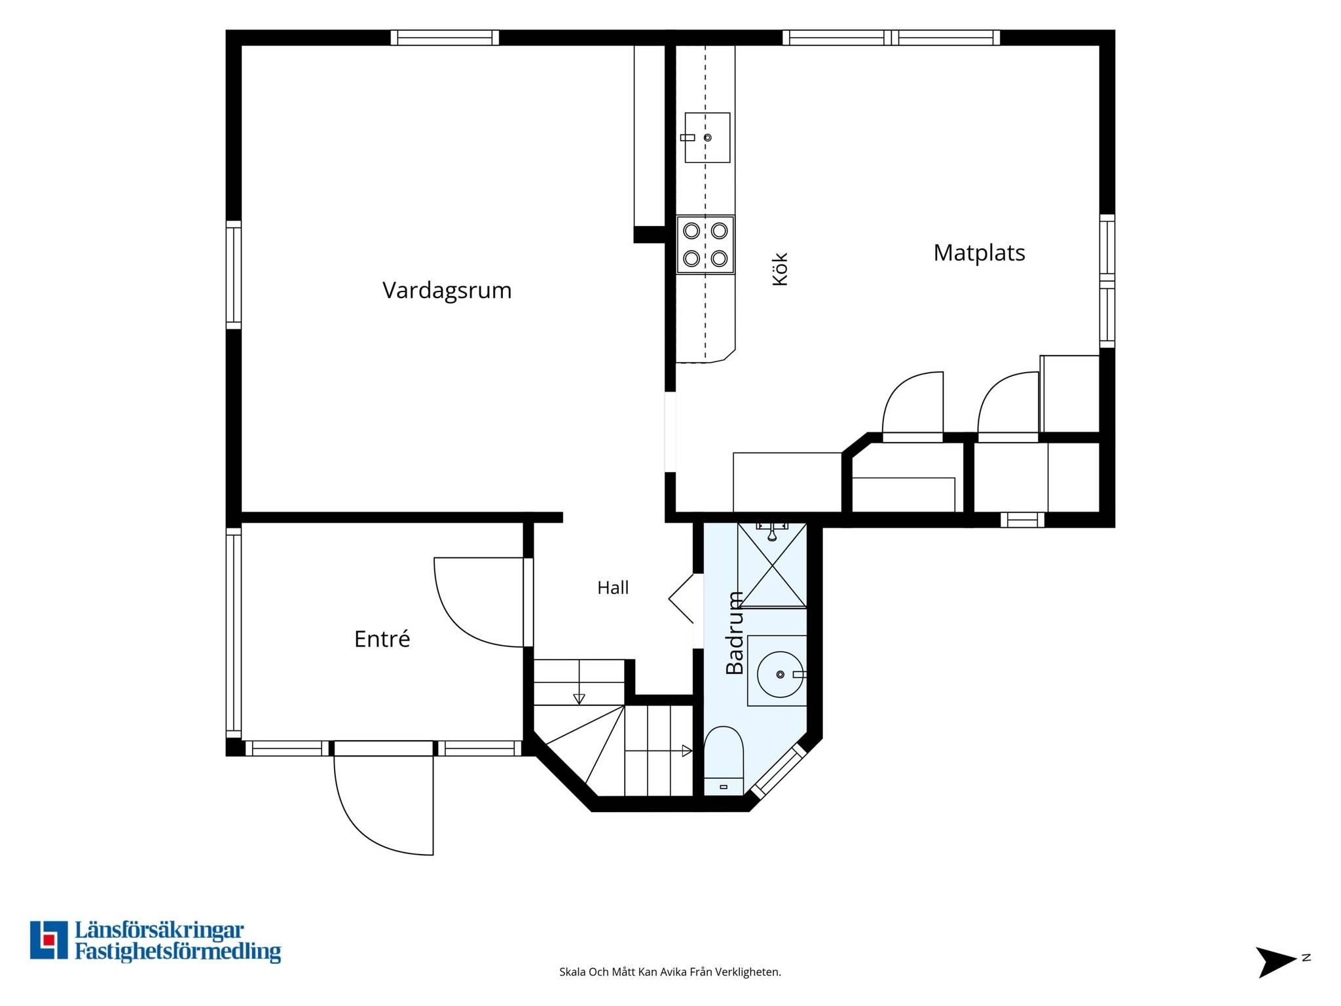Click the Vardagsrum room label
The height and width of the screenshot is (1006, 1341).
click(x=447, y=290)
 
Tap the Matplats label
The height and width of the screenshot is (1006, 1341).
click(x=979, y=253)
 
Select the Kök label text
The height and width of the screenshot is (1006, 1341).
click(x=780, y=269)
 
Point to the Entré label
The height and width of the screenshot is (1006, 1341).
click(x=382, y=639)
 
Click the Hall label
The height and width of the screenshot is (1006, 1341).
click(x=613, y=587)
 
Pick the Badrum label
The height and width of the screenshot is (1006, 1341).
click(x=735, y=633)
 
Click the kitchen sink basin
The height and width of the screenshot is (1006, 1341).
click(x=707, y=138)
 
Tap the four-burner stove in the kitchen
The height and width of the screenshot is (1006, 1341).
click(x=705, y=244)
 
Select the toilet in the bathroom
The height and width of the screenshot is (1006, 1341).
click(x=723, y=761)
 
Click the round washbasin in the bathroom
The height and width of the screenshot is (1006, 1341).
click(x=780, y=675)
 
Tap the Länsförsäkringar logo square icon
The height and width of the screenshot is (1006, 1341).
click(x=48, y=940)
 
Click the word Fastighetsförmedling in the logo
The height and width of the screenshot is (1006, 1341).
click(x=177, y=952)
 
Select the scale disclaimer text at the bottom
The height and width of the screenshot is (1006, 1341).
click(x=670, y=972)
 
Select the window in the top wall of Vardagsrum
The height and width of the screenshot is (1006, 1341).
click(x=445, y=37)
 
